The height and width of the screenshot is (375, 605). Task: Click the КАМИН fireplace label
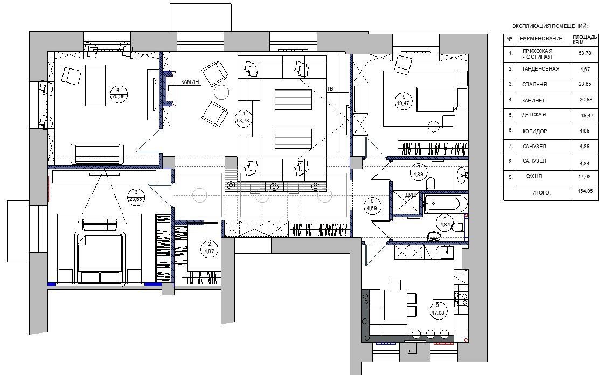click(190, 81)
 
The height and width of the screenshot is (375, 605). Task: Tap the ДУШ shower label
click(411, 195)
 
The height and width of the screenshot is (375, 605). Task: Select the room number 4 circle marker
click(118, 93)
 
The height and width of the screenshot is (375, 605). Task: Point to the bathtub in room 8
click(442, 203)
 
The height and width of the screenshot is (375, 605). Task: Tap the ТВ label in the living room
click(330, 89)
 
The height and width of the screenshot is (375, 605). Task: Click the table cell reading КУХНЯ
click(534, 176)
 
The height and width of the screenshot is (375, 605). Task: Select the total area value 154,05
click(585, 191)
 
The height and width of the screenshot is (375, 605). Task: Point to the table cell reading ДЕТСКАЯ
click(534, 115)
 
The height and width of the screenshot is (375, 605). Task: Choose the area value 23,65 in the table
click(585, 84)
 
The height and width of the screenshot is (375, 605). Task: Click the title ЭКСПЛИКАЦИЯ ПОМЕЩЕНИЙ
click(550, 26)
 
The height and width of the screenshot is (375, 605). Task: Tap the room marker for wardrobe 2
click(209, 248)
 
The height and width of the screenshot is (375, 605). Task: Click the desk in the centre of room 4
click(95, 85)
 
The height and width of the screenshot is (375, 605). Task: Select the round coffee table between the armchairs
click(221, 92)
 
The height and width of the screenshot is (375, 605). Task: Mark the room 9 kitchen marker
click(437, 309)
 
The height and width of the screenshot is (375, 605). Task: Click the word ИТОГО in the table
click(541, 192)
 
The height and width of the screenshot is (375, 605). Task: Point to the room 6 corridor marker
click(372, 205)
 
